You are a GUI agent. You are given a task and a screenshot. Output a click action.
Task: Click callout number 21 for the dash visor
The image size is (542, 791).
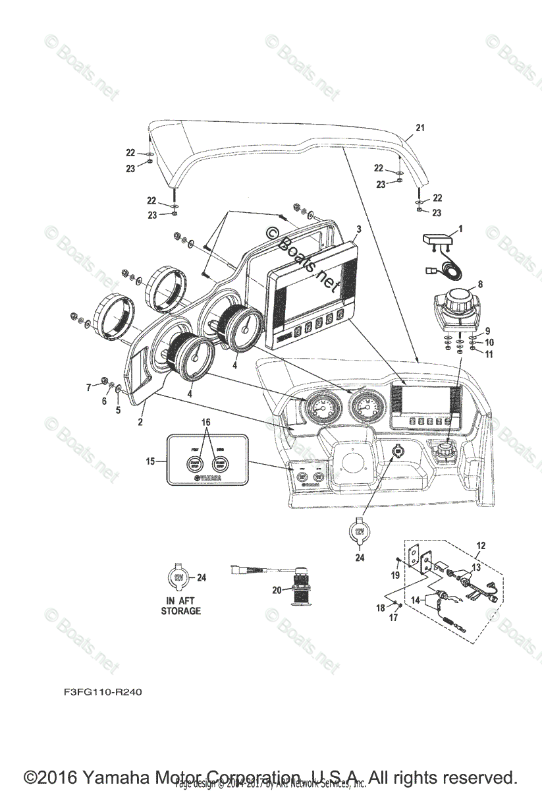[x=420, y=128]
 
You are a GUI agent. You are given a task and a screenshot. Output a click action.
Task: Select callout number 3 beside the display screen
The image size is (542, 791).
[x=358, y=229]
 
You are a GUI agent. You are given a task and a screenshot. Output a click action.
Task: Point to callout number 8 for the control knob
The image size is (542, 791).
[x=480, y=285]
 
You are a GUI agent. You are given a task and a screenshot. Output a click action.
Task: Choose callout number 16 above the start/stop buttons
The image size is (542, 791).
[x=206, y=421]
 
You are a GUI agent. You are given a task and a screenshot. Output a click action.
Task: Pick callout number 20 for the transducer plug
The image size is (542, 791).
[x=278, y=589]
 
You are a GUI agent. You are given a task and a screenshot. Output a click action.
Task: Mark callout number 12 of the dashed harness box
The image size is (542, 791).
[x=481, y=545]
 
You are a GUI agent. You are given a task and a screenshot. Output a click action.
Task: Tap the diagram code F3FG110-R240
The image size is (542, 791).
[x=103, y=693]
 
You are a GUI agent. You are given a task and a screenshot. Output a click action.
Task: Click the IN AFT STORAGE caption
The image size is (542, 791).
[x=181, y=606]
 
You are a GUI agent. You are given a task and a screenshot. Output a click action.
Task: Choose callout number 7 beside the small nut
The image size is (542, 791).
[x=90, y=388]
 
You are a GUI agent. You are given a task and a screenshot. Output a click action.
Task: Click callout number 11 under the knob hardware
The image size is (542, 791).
[x=489, y=355]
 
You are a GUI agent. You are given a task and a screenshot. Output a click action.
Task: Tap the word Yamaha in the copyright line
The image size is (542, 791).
[x=110, y=776]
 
